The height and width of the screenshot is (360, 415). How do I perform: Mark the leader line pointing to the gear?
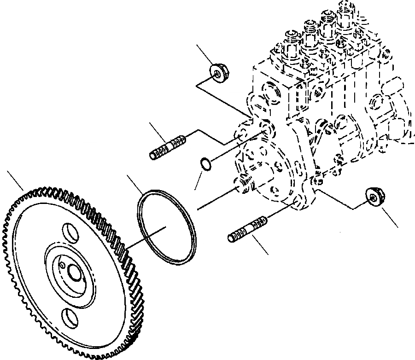pos(15,179)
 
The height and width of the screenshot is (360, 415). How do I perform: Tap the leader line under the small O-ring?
pos(198,180)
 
